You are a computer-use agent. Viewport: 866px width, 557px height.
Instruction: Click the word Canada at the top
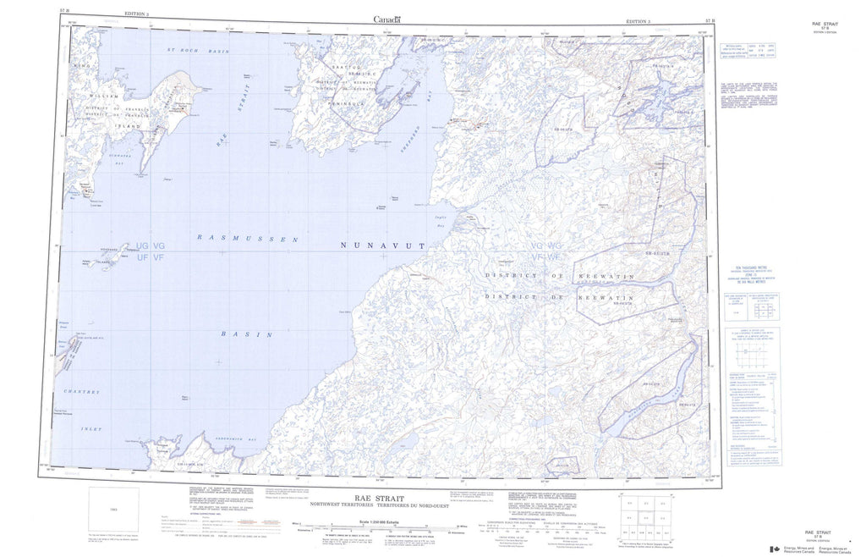[386, 19]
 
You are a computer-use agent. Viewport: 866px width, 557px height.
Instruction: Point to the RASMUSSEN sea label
[248, 240]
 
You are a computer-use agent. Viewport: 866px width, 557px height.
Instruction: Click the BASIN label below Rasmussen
[247, 334]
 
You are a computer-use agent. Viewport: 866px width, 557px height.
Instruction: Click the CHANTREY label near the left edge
[81, 391]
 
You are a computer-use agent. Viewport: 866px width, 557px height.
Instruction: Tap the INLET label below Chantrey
[92, 429]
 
